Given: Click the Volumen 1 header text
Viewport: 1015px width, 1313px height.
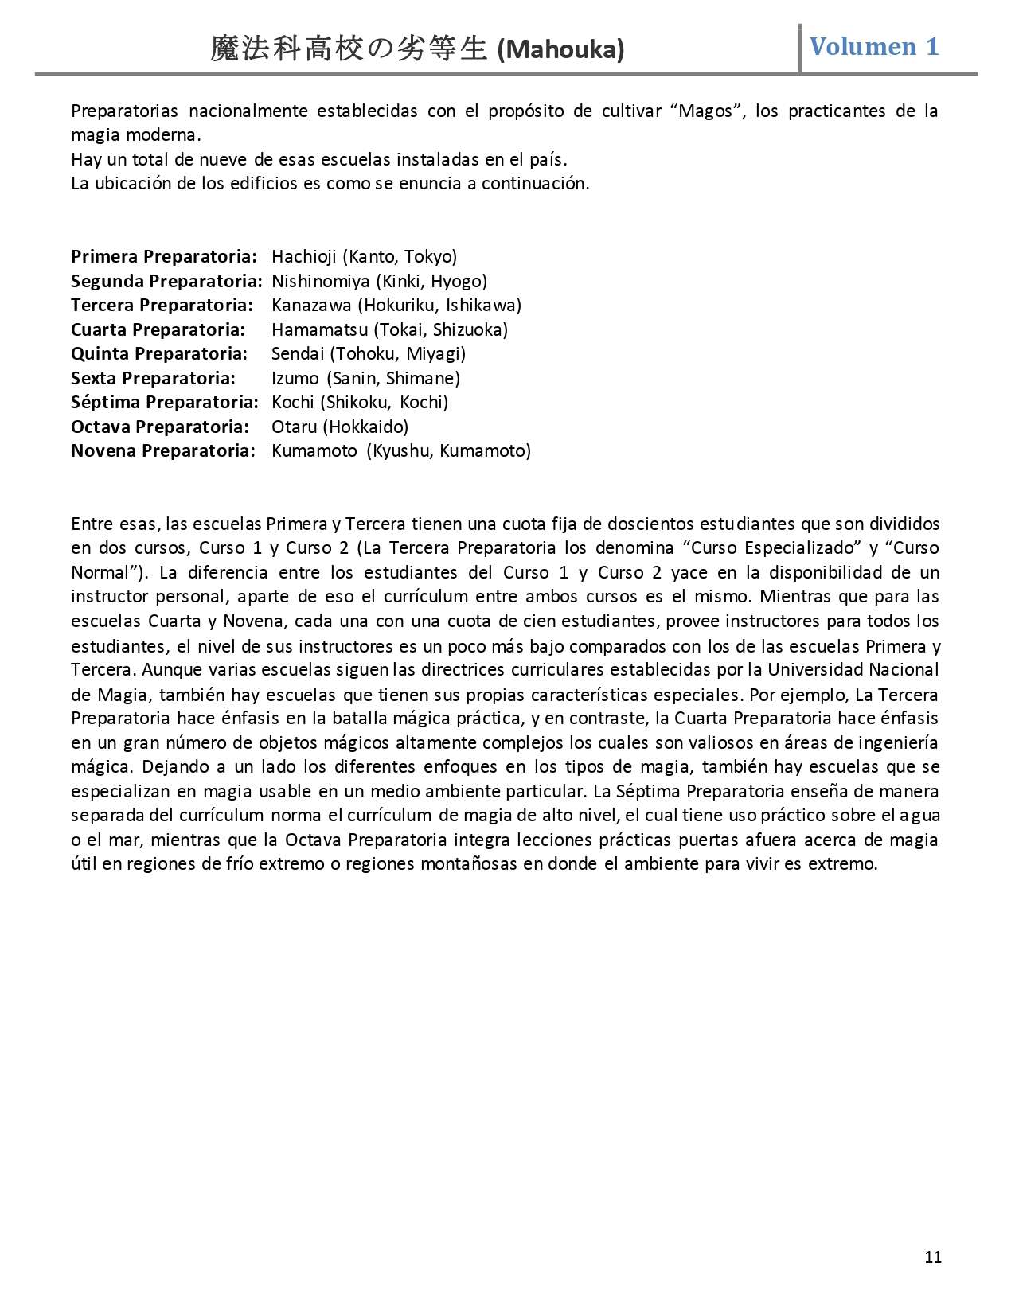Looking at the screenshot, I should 874,46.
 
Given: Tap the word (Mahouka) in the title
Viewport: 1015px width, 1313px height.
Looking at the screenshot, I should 560,50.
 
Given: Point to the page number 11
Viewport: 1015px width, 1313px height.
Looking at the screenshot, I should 934,1257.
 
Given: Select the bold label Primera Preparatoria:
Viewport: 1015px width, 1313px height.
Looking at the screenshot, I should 164,256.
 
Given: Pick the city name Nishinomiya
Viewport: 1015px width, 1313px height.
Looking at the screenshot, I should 321,281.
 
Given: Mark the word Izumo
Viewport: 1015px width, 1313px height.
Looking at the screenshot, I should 295,378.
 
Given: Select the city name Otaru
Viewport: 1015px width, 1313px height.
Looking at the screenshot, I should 295,427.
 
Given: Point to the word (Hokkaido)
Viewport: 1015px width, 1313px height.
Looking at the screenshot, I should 365,427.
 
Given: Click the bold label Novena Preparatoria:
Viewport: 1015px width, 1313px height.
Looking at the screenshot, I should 163,450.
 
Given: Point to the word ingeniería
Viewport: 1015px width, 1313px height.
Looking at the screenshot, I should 898,742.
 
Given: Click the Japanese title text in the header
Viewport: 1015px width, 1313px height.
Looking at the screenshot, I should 349,49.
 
